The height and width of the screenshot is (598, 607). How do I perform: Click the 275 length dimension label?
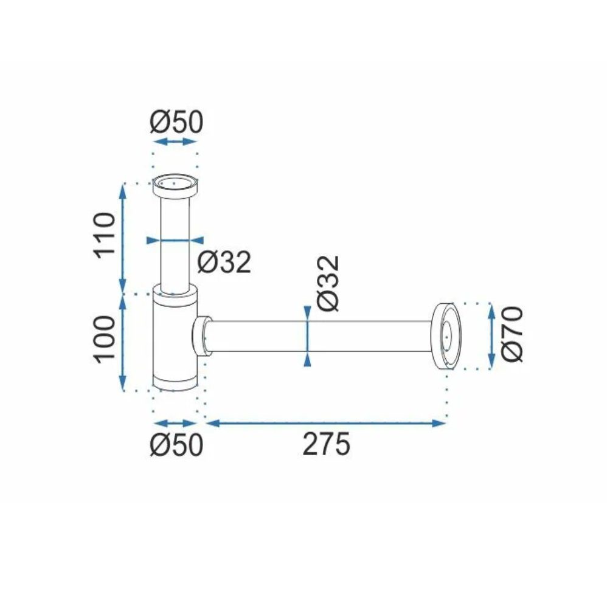326,444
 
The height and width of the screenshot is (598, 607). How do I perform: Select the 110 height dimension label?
105,235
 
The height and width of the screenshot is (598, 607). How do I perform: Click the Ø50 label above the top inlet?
176,122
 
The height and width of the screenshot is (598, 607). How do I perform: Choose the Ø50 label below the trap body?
176,445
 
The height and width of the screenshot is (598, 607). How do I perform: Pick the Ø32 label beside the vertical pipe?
224,263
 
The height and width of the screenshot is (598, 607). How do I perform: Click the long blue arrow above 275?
326,423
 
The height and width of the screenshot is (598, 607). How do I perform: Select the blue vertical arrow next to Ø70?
491,335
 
